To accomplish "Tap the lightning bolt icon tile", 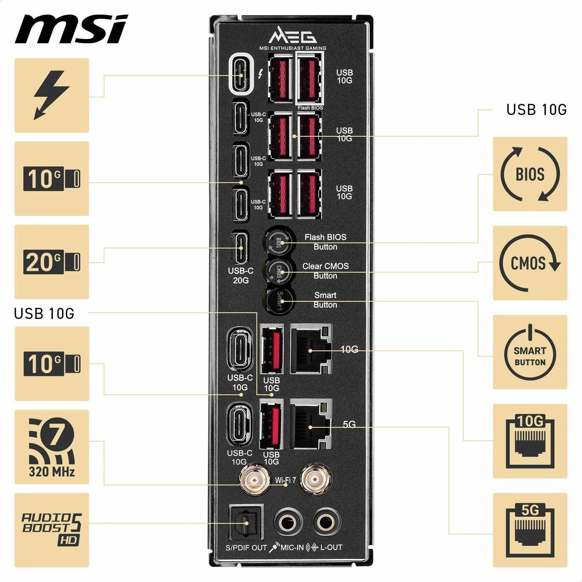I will point(52,96).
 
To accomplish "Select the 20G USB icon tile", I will point(52,262).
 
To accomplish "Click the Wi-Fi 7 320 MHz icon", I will point(52,447).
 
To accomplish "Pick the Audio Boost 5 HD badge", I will point(52,530).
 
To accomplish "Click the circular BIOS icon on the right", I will point(530,174).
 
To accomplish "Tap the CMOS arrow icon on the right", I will point(530,263).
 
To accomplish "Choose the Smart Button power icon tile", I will point(530,352).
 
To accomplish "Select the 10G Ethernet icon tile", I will point(530,441).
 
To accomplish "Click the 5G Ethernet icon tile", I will point(530,530).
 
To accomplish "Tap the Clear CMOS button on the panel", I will point(279,271).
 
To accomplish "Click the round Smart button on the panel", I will point(279,301).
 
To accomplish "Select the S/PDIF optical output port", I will point(246,523).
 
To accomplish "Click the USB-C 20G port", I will point(241,248).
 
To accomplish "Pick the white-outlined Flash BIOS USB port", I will point(309,78).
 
